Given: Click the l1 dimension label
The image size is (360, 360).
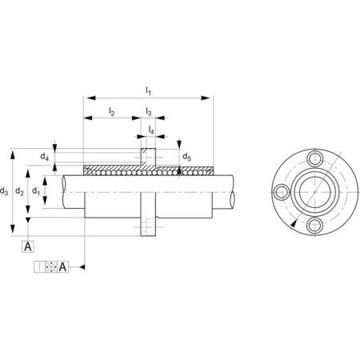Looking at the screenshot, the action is coord(148,91).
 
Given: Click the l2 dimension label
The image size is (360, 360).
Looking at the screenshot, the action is coord(112,111).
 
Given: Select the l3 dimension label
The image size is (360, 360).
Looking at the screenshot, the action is coord(149,111).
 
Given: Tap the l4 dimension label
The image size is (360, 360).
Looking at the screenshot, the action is coord(151,130).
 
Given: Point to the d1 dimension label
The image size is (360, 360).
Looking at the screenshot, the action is coord(36,191).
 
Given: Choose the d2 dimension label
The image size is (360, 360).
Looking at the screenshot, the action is coord(19,191).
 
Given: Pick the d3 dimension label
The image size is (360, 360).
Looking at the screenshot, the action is coord(4,191).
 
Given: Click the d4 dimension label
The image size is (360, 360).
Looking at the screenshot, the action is coord(45,157).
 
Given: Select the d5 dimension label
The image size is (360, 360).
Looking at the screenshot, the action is coord(186,157).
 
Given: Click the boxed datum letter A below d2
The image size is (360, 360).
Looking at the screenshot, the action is coord(28,246).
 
